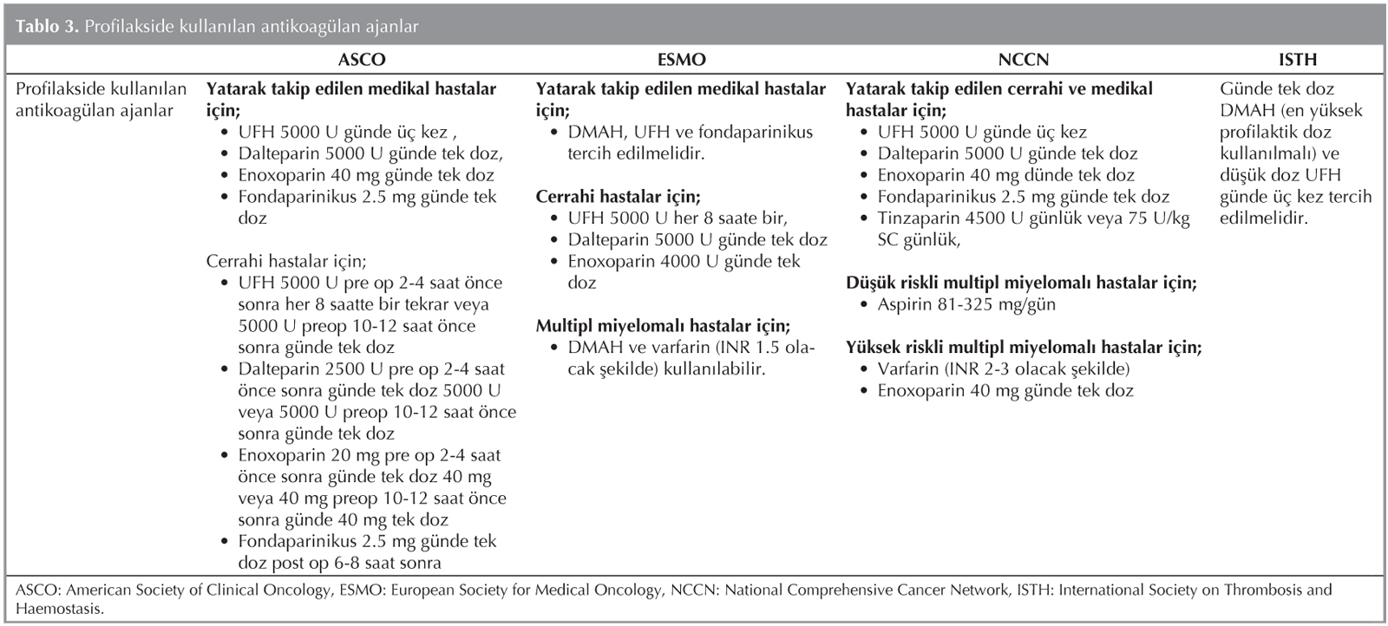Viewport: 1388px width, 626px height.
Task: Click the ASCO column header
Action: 361,60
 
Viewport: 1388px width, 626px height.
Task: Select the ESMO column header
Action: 681,60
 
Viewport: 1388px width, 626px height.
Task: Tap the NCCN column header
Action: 1023,60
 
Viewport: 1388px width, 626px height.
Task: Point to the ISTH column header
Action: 1297,60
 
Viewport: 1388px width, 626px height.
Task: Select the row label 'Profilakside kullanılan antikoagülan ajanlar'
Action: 101,100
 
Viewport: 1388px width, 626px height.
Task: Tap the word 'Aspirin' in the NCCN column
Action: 906,304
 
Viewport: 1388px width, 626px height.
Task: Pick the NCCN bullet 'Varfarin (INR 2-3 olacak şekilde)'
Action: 1004,368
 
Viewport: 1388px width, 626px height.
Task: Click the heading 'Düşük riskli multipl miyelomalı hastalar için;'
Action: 1021,283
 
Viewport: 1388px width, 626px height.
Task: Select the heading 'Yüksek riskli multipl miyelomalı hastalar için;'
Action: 1024,347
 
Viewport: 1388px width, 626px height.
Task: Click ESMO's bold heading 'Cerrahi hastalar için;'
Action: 618,197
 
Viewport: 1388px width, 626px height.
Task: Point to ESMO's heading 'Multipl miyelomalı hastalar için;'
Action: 663,326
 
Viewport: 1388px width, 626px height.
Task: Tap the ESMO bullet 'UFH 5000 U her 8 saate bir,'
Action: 678,218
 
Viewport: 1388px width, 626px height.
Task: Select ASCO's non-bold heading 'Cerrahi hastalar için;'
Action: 286,261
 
